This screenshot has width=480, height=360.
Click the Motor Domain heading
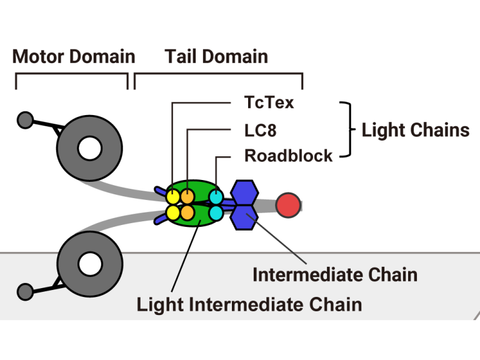(x=74, y=57)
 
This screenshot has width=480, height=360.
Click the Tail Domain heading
(x=216, y=57)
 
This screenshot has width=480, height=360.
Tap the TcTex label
(x=269, y=102)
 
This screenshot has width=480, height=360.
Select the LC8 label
(x=260, y=130)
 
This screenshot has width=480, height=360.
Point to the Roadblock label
(x=288, y=156)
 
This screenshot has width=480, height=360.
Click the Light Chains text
(x=416, y=130)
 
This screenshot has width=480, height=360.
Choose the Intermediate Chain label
(x=335, y=274)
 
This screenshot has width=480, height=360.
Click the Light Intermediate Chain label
(x=249, y=304)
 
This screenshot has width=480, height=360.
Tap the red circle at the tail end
(x=288, y=205)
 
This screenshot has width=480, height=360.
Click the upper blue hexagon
(x=243, y=191)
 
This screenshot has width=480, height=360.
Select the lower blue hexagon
(x=243, y=216)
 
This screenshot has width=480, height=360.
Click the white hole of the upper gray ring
(x=89, y=148)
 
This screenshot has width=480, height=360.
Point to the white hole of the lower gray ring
(x=89, y=264)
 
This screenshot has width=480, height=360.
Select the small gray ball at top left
(x=25, y=119)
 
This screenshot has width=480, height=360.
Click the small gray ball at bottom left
(x=25, y=291)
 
